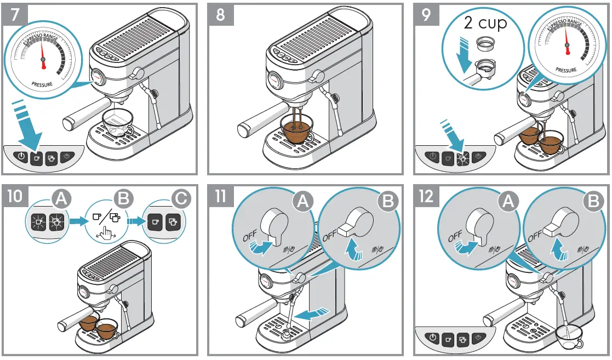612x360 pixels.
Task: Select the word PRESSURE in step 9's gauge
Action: tap(565, 70)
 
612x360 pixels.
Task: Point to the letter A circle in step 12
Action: tap(507, 202)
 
